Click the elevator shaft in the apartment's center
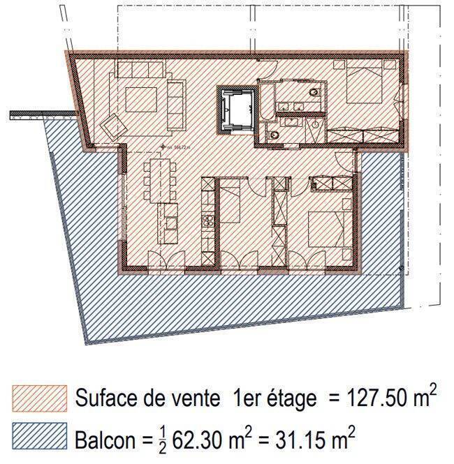click(x=235, y=110)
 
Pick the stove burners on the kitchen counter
click(x=207, y=222)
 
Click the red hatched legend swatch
click(x=40, y=399)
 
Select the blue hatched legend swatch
click(x=40, y=438)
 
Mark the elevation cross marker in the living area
click(x=163, y=147)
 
